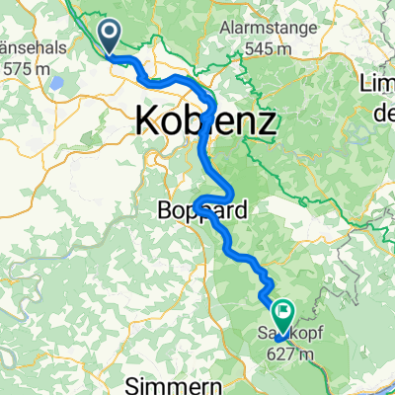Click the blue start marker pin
pyautogui.click(x=113, y=38)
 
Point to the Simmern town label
pyautogui.click(x=170, y=379)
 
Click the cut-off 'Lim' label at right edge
pyautogui.click(x=379, y=81)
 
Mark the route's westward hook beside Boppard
pyautogui.click(x=197, y=204)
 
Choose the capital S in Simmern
pyautogui.click(x=139, y=379)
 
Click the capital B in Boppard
pyautogui.click(x=166, y=210)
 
